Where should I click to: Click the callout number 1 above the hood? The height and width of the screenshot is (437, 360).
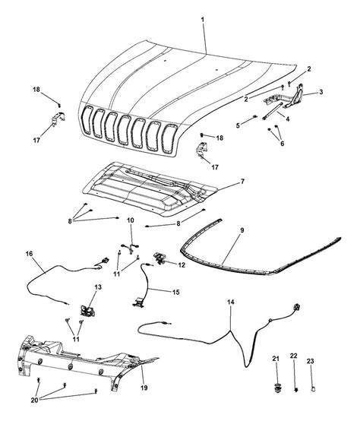[203, 20]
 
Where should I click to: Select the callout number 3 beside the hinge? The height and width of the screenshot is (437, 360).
[321, 92]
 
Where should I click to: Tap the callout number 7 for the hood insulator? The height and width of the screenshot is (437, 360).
[242, 182]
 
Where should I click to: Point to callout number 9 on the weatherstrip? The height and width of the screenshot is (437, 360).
[242, 230]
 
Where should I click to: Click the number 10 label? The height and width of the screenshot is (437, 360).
[131, 220]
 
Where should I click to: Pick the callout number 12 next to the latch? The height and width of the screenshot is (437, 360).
[182, 265]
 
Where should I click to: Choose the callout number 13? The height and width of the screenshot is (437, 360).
[98, 287]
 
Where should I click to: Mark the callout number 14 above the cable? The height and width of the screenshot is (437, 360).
[231, 302]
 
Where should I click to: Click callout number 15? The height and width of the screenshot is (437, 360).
[176, 292]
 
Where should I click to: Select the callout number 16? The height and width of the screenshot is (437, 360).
[29, 254]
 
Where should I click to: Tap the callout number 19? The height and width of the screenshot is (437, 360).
[144, 388]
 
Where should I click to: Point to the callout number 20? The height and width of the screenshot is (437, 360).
[34, 401]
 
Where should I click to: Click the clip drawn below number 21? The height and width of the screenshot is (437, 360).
[276, 388]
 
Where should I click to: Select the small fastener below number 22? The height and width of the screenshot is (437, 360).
[296, 390]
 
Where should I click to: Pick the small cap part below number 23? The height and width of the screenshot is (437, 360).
[313, 389]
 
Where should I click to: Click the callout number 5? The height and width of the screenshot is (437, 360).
[238, 125]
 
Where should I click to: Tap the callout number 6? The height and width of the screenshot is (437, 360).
[282, 144]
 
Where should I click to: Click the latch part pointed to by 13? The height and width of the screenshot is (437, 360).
[87, 311]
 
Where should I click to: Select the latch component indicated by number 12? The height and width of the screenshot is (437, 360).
[159, 258]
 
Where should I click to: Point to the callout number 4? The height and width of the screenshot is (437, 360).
[287, 119]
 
